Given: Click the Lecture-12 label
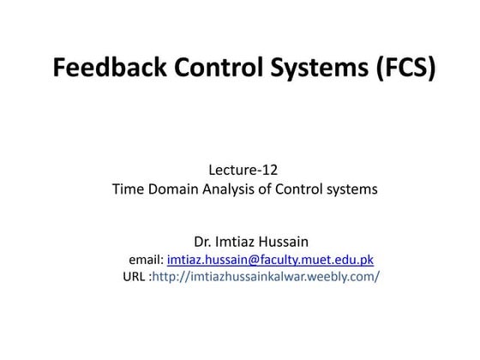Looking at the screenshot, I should click(244, 171).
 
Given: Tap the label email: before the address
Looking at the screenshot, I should click(146, 259).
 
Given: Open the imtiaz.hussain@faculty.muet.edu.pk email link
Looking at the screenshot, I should click(270, 259).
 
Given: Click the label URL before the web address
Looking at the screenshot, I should click(135, 277).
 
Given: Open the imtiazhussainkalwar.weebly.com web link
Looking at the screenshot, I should click(266, 277).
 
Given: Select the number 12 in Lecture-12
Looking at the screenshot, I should click(271, 171).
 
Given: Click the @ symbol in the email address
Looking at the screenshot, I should click(251, 259).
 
